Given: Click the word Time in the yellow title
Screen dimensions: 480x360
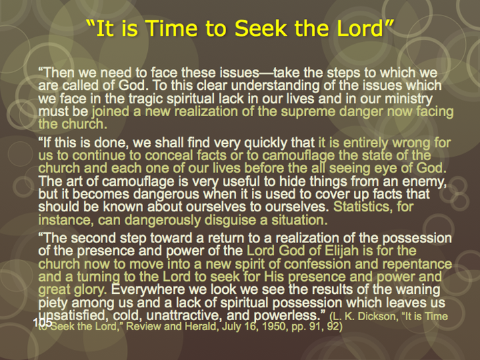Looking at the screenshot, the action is [x=171, y=28].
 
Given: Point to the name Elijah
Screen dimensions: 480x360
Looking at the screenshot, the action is [x=342, y=251].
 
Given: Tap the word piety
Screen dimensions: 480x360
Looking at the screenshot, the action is [x=53, y=303].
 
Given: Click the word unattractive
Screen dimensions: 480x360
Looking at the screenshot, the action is [x=188, y=316].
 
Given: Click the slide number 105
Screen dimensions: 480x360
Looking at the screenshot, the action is [x=43, y=322].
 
